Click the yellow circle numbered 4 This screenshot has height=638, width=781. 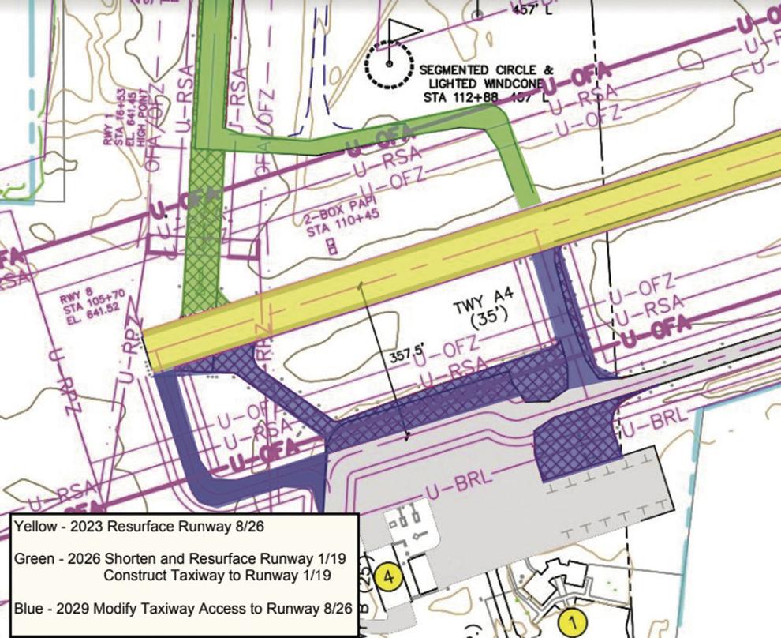click(387, 576)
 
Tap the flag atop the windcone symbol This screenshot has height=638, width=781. click(402, 32)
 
